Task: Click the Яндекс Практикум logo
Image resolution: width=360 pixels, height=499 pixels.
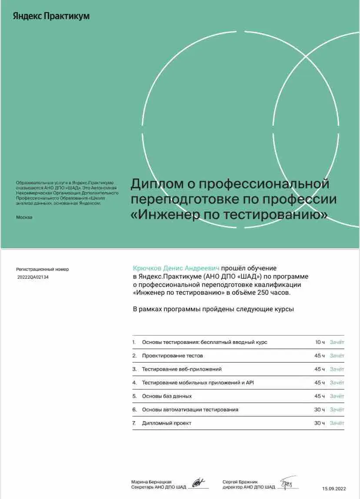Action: point(51,16)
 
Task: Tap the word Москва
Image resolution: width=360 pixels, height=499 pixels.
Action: point(24,217)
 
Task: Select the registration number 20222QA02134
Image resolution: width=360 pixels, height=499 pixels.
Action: point(33,277)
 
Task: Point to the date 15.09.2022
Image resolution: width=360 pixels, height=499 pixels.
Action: point(334,489)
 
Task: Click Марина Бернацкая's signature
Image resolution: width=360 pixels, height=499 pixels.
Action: point(198,482)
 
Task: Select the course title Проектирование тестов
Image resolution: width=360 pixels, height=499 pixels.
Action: point(172,356)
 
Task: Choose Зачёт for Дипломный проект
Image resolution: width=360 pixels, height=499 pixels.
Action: point(337,423)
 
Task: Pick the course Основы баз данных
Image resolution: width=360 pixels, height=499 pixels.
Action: point(167,396)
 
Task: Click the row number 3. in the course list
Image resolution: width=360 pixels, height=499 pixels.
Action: point(134,369)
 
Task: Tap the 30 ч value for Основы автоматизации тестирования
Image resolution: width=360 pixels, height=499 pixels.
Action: point(320,409)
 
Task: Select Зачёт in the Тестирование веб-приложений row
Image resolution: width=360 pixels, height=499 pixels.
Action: point(337,369)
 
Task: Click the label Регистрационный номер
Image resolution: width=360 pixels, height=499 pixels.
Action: point(42,269)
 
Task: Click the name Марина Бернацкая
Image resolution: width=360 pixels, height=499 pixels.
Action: point(151,482)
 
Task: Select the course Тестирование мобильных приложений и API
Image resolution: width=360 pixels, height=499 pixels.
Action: point(198,383)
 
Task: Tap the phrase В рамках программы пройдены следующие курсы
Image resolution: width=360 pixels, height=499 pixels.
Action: point(213,309)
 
